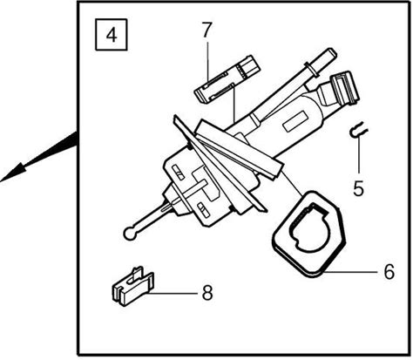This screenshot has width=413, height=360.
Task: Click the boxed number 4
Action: point(112,35)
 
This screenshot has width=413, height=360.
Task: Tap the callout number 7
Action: point(206,31)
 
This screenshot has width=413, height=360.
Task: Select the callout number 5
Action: point(358,188)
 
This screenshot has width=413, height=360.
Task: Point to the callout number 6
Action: point(389,272)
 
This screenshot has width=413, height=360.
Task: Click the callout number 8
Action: point(207,292)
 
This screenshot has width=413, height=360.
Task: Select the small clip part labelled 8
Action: point(132,287)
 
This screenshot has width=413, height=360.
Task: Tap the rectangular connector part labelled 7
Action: point(227,79)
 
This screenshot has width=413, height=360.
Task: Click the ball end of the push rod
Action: point(130,234)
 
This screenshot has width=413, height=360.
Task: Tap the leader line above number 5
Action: point(359,154)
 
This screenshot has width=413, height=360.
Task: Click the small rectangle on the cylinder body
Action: point(295,121)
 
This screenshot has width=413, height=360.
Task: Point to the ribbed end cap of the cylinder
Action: point(345,87)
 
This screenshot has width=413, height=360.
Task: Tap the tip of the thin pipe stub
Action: point(333,52)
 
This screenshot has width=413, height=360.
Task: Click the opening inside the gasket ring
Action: point(310,228)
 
